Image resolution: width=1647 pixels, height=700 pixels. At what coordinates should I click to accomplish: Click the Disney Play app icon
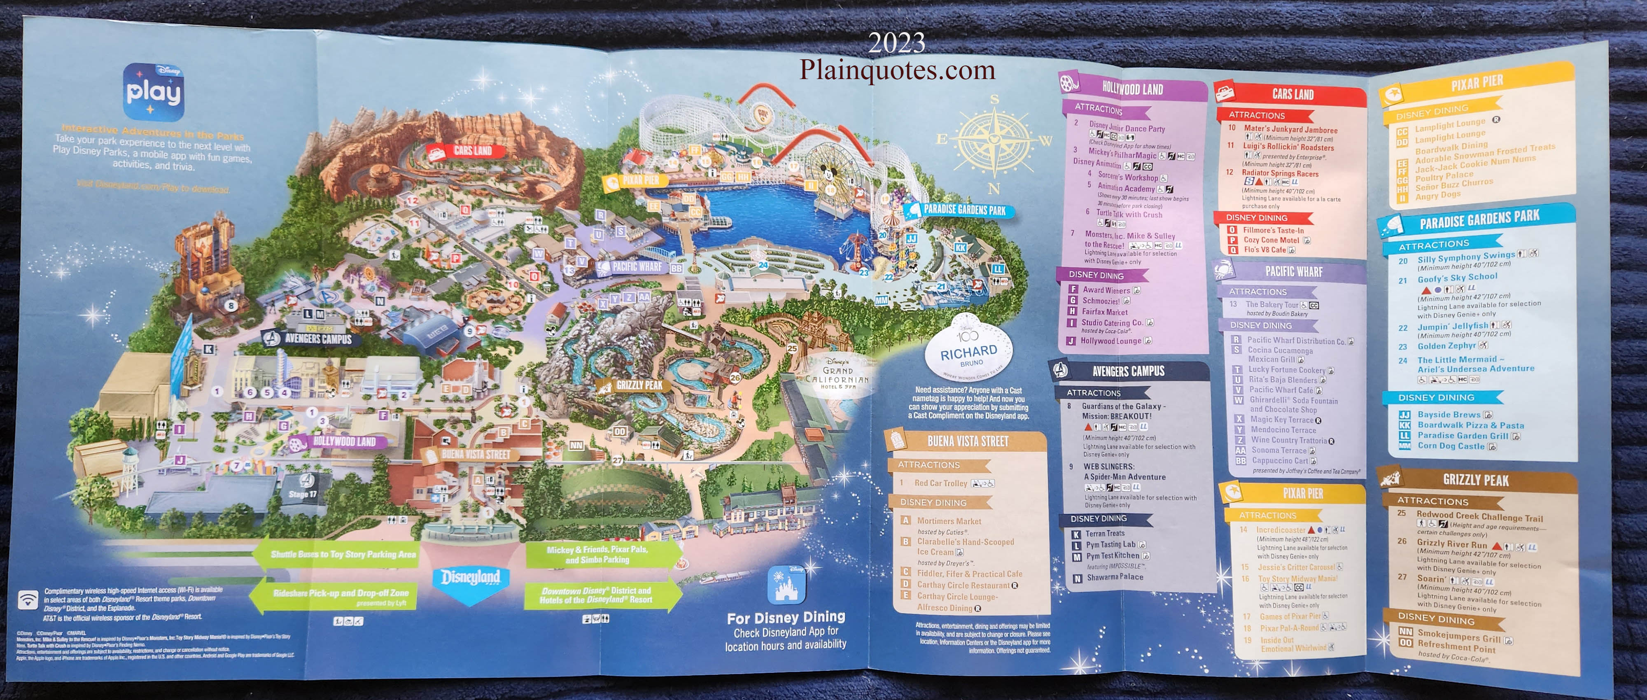pos(154,91)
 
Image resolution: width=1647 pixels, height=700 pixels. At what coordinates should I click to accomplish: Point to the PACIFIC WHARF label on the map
pos(632,266)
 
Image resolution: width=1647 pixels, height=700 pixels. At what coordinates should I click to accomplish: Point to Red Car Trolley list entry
pos(940,483)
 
